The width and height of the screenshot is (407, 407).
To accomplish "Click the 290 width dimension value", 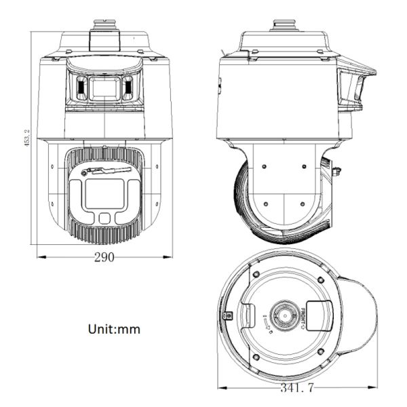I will [x=104, y=257].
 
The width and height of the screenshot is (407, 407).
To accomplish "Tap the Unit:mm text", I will [x=114, y=329].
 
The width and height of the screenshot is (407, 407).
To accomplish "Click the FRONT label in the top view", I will [x=303, y=317].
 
